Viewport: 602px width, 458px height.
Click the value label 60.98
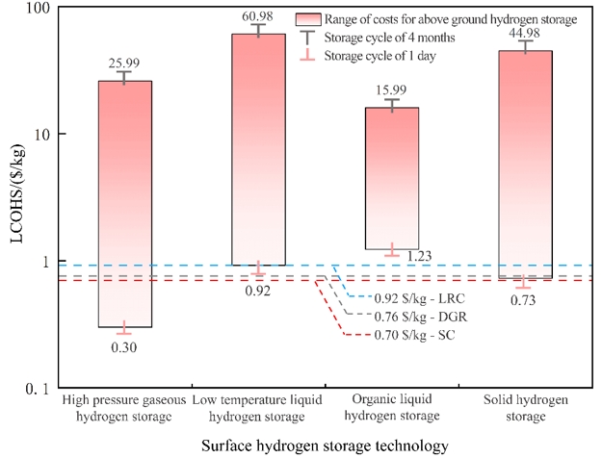click(x=258, y=16)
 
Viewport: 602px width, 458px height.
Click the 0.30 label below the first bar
click(x=124, y=344)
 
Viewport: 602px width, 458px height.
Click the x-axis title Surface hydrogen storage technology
click(x=325, y=445)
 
